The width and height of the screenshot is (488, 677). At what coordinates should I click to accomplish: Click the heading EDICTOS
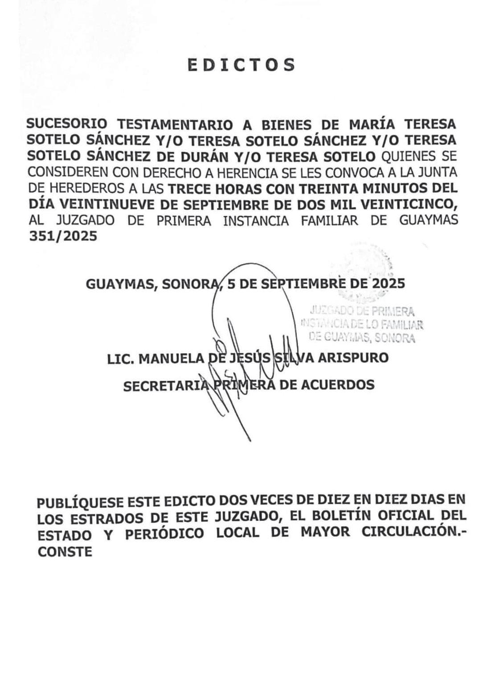[242, 65]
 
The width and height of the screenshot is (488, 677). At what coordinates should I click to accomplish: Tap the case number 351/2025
[62, 236]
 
